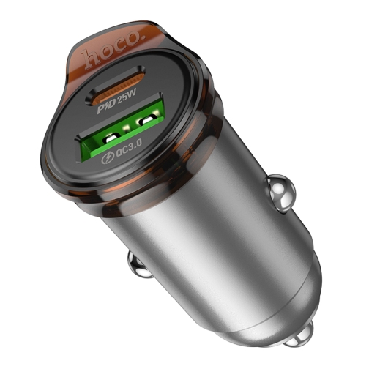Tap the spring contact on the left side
[x=140, y=264]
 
